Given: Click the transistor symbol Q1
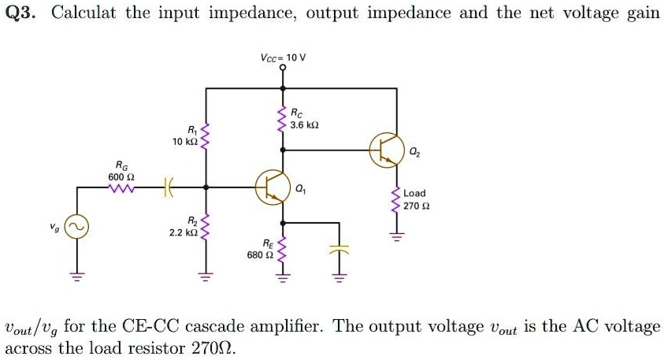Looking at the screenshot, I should [271, 187].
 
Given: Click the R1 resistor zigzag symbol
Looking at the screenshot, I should [206, 136].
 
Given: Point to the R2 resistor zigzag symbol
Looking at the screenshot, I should [206, 228].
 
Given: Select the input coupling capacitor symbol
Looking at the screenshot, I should [167, 188].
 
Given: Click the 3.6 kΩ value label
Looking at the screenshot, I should [304, 125].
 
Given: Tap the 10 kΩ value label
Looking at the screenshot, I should [185, 141].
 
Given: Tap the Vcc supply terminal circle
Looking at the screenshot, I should [284, 69].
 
